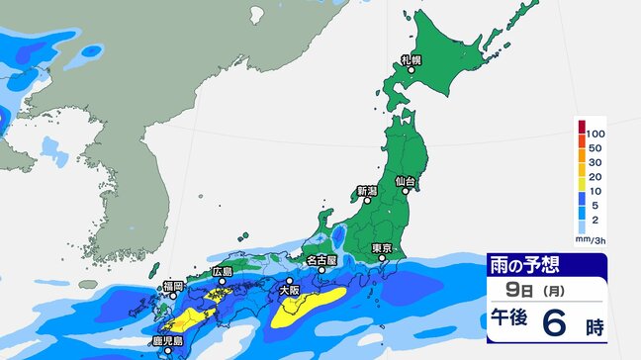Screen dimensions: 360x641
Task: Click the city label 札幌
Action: pyautogui.click(x=411, y=60)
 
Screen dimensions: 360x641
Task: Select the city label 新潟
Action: pyautogui.click(x=367, y=190)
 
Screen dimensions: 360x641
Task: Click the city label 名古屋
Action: pyautogui.click(x=321, y=260)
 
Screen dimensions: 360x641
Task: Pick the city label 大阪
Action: pyautogui.click(x=289, y=291)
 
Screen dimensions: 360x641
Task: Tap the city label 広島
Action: pyautogui.click(x=223, y=271)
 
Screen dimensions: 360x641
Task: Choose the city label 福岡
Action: pyautogui.click(x=173, y=287)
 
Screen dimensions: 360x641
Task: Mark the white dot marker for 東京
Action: pyautogui.click(x=382, y=259)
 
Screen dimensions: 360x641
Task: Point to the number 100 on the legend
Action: pyautogui.click(x=595, y=132)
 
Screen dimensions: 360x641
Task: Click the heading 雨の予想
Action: pyautogui.click(x=527, y=265)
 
